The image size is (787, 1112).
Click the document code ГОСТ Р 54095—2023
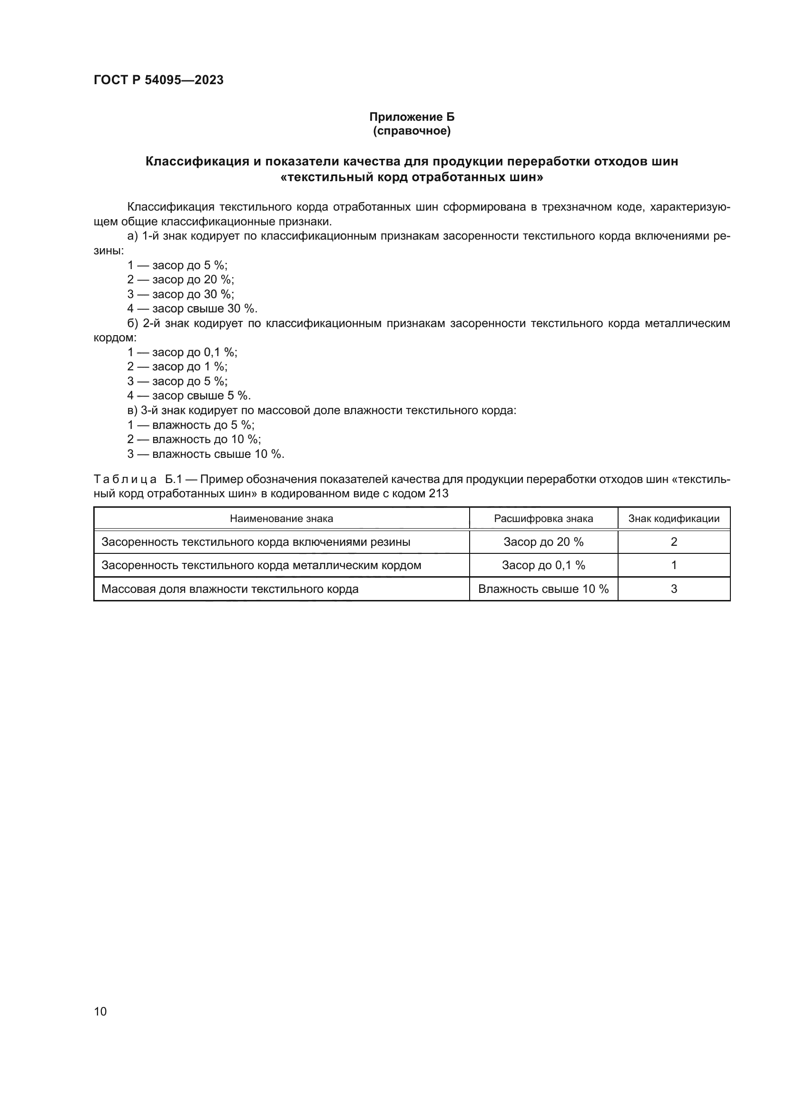click(x=158, y=80)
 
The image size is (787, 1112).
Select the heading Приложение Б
click(x=412, y=117)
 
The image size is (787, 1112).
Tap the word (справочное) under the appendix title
click(x=412, y=131)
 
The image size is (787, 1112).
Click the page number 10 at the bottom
click(x=100, y=1011)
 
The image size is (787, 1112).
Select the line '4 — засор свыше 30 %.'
click(x=192, y=309)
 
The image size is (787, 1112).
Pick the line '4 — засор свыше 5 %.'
click(x=189, y=396)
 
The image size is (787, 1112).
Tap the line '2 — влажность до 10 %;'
click(x=194, y=439)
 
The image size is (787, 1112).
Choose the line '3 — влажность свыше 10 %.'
click(x=206, y=454)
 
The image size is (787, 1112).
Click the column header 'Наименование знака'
click(x=281, y=519)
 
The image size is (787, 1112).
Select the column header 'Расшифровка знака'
click(x=543, y=519)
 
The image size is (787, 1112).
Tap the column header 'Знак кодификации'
click(x=674, y=519)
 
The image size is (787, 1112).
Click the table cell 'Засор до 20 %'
click(x=543, y=542)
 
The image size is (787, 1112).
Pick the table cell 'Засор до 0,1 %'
click(x=543, y=565)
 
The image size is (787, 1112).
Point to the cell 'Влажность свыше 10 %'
click(x=543, y=589)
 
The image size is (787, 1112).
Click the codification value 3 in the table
click(x=674, y=589)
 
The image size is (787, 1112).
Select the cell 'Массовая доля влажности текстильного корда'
click(x=230, y=589)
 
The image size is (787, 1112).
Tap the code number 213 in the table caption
click(x=439, y=493)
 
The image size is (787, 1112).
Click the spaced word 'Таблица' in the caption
click(x=125, y=480)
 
